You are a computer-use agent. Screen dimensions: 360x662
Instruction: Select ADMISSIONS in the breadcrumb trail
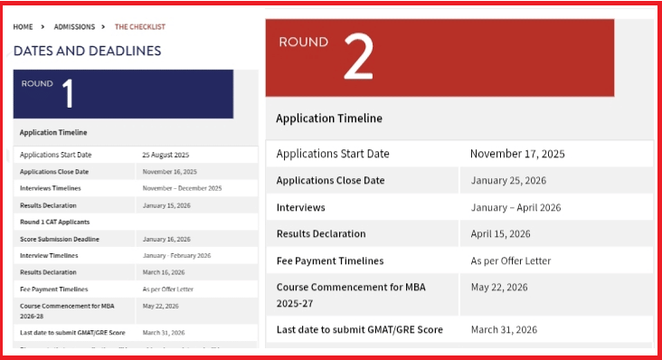[74, 27]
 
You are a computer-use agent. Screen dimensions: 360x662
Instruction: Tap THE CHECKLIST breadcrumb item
[140, 27]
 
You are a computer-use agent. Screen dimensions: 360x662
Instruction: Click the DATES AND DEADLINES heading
[87, 51]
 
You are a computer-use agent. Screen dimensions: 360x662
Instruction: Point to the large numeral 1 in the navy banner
[68, 93]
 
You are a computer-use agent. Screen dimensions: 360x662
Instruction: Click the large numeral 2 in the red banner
[358, 61]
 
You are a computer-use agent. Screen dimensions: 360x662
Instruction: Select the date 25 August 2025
[165, 155]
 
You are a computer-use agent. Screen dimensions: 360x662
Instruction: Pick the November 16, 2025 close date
[169, 172]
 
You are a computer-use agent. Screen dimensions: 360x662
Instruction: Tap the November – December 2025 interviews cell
[182, 188]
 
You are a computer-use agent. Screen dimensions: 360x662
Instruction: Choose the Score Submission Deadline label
[60, 239]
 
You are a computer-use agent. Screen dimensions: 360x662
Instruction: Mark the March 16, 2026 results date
[164, 272]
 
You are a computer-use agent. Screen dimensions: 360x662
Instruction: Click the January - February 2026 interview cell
[176, 256]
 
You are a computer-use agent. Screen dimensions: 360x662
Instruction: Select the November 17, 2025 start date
[517, 154]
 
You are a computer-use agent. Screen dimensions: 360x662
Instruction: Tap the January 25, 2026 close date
[508, 180]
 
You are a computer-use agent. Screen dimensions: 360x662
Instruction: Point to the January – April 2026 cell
[515, 207]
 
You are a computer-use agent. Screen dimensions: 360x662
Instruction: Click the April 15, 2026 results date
[501, 233]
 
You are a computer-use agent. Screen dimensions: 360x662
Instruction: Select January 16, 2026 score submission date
[166, 239]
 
